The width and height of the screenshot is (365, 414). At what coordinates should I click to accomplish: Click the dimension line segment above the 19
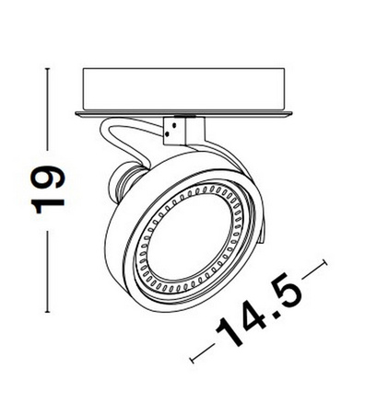42,110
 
